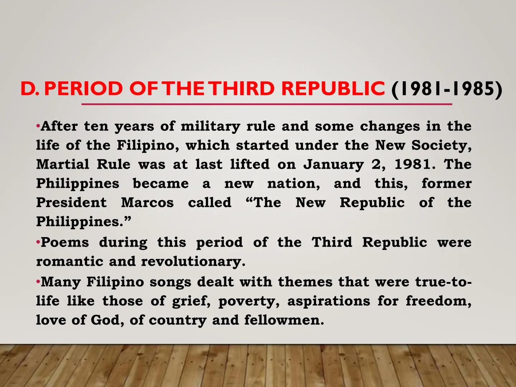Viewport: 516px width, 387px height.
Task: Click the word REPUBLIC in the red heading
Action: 333,89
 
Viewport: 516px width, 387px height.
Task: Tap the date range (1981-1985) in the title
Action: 446,89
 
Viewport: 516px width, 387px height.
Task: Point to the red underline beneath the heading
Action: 267,104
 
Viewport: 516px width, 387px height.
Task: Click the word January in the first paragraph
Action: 334,164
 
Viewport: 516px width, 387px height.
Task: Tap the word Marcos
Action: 147,202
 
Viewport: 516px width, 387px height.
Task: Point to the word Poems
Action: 64,242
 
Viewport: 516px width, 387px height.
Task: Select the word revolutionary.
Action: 193,261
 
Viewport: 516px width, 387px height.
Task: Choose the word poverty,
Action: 249,301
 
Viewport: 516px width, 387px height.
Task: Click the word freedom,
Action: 438,301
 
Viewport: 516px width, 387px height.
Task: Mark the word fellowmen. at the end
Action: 284,320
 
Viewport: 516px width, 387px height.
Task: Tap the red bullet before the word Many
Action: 38,282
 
